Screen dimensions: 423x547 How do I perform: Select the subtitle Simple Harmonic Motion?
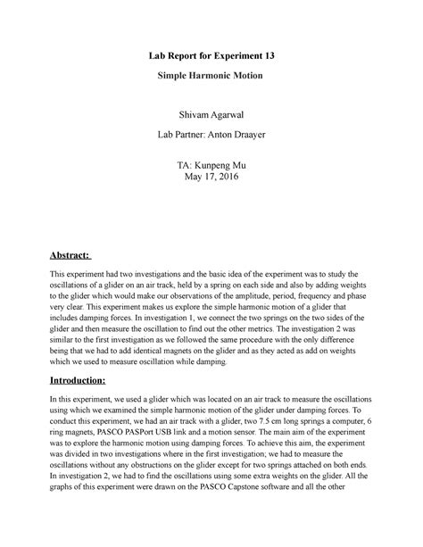[212, 78]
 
